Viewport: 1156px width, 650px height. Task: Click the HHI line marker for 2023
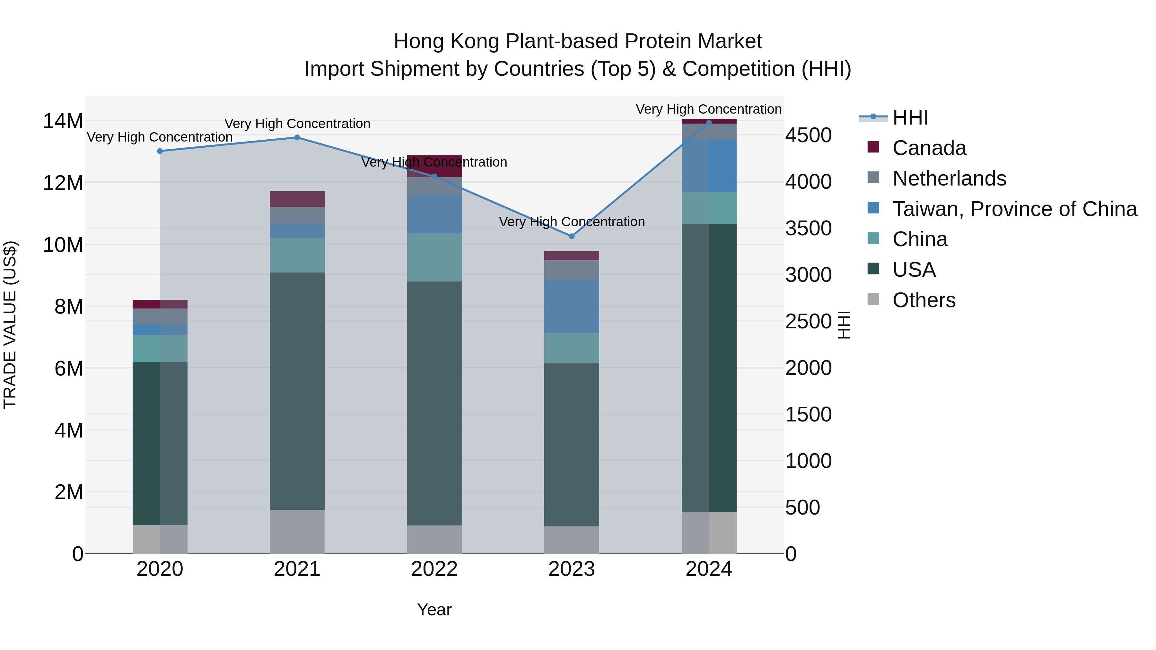571,236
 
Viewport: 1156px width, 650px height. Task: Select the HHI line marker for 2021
297,138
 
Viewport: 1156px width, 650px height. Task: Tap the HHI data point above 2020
160,151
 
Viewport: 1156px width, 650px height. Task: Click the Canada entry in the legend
929,148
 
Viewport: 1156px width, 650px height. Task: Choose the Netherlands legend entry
949,178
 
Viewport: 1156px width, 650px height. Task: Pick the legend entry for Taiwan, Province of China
1014,209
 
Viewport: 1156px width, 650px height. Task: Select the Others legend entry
924,300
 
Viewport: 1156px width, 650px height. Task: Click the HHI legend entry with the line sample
910,117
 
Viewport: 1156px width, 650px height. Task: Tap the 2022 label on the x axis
434,569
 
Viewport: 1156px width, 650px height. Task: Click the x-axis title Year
434,610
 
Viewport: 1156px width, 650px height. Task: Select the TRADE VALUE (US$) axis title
10,325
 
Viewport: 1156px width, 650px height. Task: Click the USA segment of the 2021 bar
297,390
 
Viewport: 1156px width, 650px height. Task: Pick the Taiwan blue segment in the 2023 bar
571,306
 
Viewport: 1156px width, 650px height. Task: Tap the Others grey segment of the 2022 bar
434,539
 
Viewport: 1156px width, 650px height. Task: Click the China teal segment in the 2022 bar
434,257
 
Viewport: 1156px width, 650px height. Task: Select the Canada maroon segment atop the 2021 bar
297,199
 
